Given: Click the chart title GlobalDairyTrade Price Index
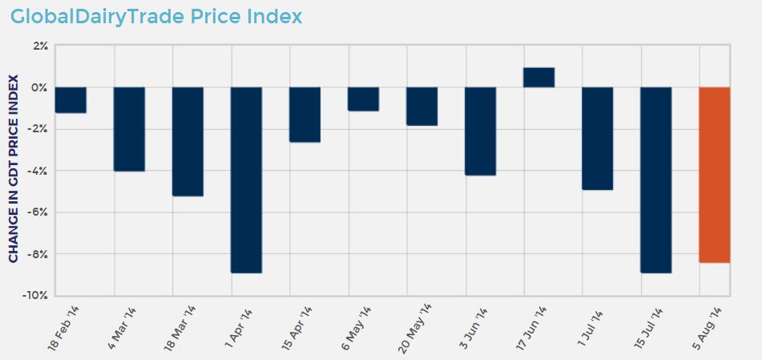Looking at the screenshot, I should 156,16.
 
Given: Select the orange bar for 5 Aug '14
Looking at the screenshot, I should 714,175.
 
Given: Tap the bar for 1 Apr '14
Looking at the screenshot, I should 247,180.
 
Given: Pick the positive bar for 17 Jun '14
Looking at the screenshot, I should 539,77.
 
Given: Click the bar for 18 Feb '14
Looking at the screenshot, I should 71,99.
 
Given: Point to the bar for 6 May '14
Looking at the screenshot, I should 363,99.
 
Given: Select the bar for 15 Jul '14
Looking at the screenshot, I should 655,180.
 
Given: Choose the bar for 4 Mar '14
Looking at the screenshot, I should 129,129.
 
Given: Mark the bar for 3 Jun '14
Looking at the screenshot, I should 481,131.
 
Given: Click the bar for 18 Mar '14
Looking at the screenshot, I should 188,141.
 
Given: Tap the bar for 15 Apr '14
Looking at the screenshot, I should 304,114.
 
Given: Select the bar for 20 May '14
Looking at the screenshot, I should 422,106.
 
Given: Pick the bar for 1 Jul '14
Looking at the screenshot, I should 598,138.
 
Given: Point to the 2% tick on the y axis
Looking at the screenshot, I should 40,46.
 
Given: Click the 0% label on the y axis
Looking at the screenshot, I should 40,87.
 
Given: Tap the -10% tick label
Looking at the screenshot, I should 37,296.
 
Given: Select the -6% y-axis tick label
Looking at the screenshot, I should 38,212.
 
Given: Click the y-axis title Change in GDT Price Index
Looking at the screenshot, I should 14,168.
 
